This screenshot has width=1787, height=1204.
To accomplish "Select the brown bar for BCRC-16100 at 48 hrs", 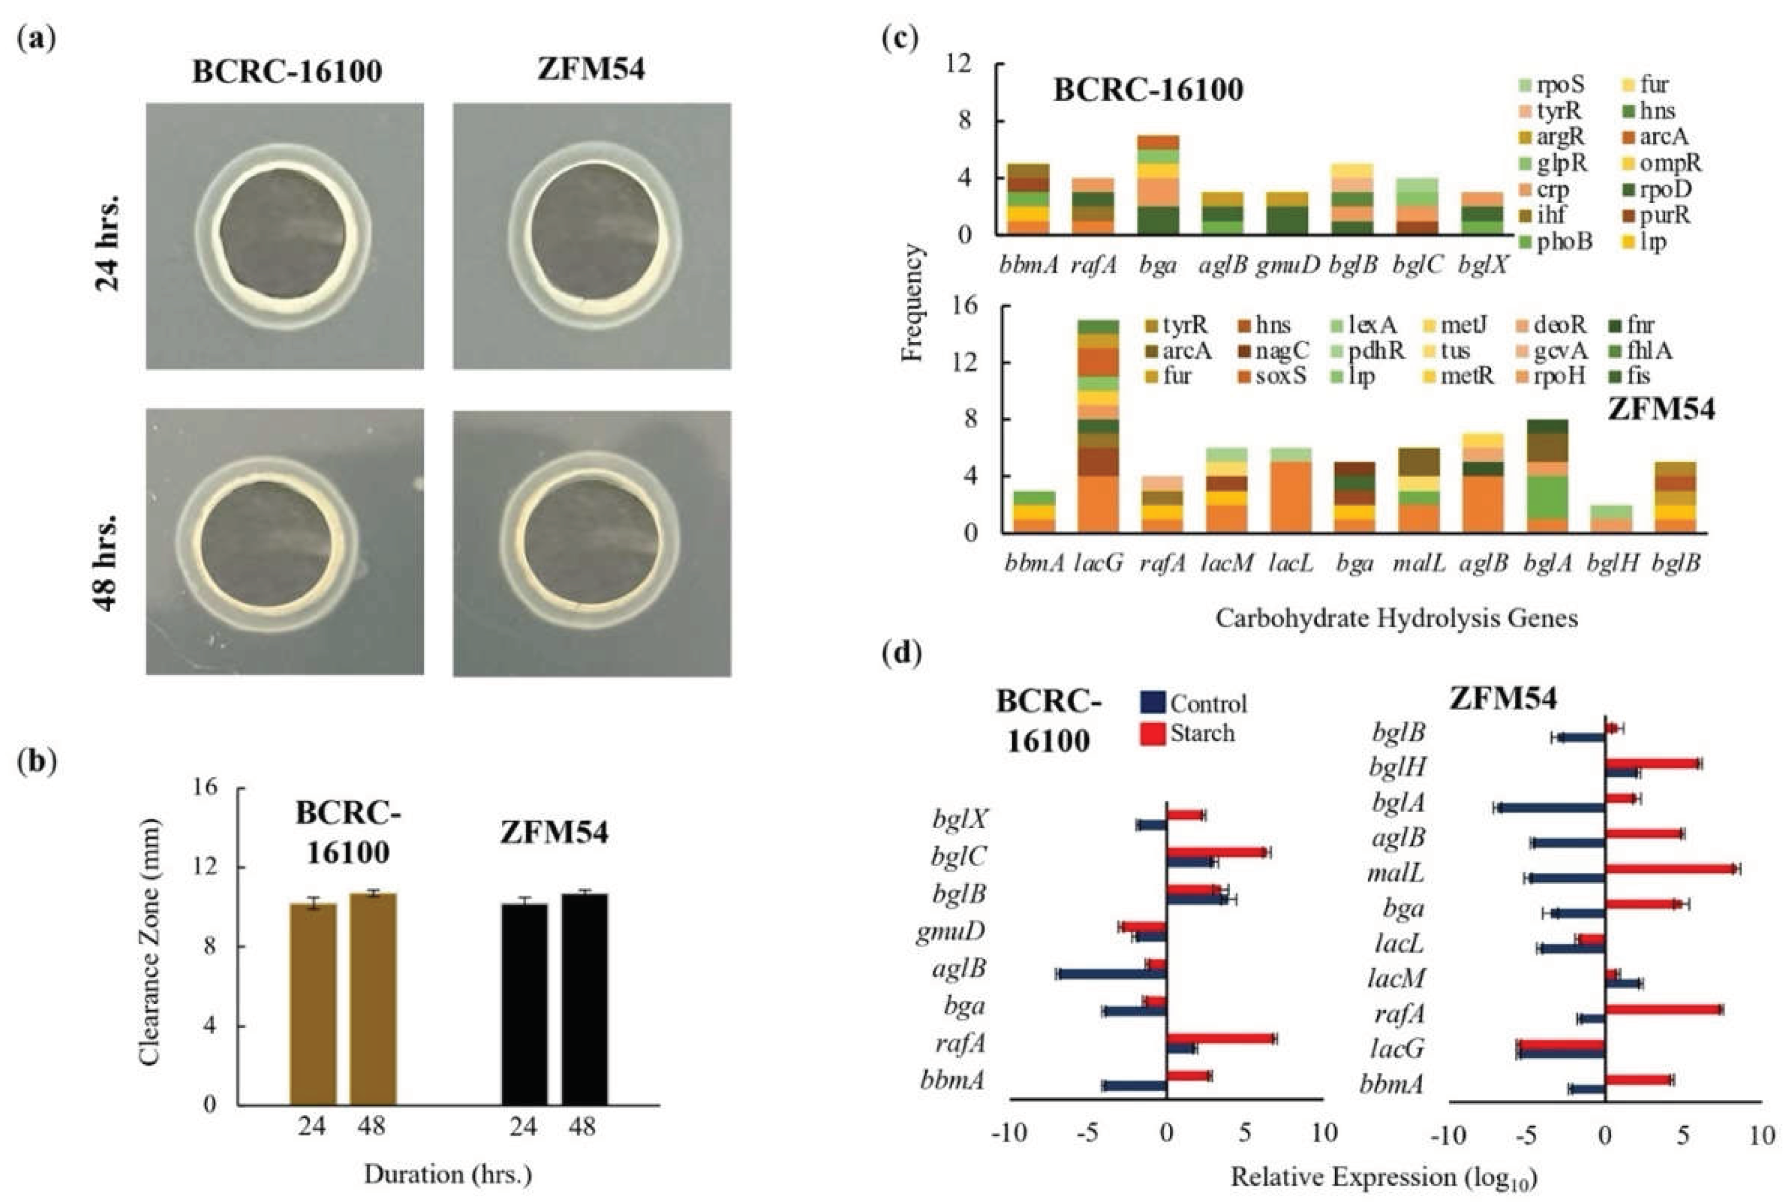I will pos(373,998).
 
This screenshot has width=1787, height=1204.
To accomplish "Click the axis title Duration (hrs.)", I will pos(447,1174).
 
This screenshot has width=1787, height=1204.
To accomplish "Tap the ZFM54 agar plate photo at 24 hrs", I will pos(591,236).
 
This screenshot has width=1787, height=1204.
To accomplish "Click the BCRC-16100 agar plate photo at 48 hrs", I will pos(285,542).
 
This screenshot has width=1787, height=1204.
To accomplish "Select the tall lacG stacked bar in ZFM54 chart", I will pos(1098,426).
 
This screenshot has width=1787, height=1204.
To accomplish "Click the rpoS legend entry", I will pos(1551,84).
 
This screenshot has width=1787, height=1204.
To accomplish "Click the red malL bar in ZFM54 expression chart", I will pos(1671,868).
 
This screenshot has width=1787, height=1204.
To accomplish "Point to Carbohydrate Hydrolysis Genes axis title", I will pos(1396,618).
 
